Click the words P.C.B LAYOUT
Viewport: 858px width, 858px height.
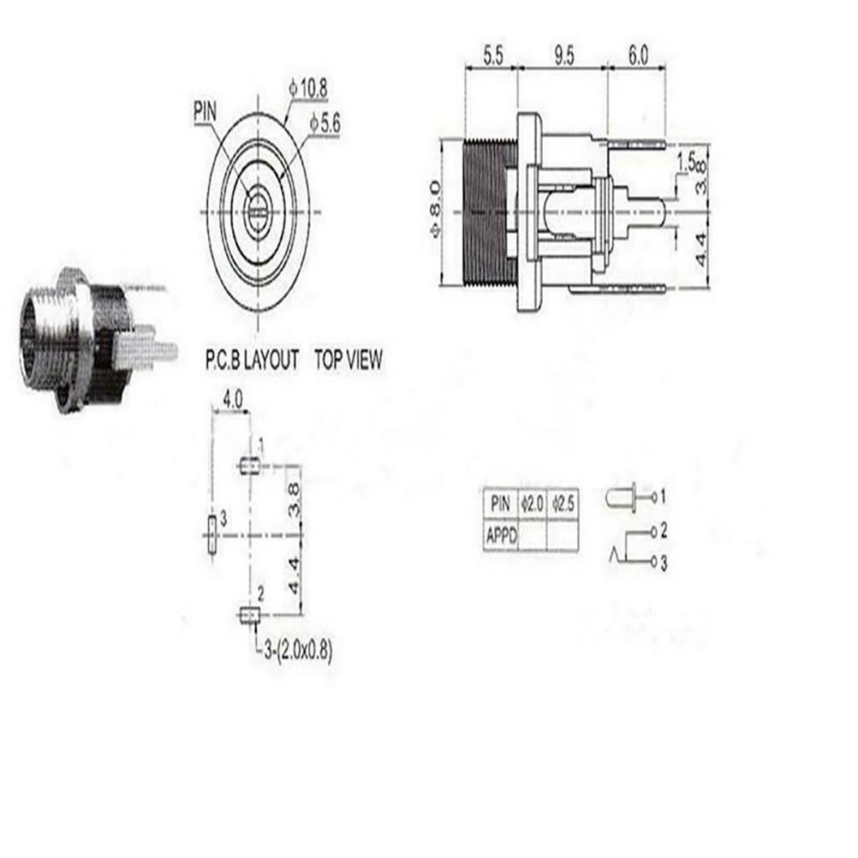click(251, 360)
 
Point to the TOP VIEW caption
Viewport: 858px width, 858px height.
click(349, 360)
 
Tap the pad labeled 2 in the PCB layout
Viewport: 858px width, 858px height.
click(249, 614)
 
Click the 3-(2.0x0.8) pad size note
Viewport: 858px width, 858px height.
click(294, 650)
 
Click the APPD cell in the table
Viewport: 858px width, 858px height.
click(502, 538)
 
